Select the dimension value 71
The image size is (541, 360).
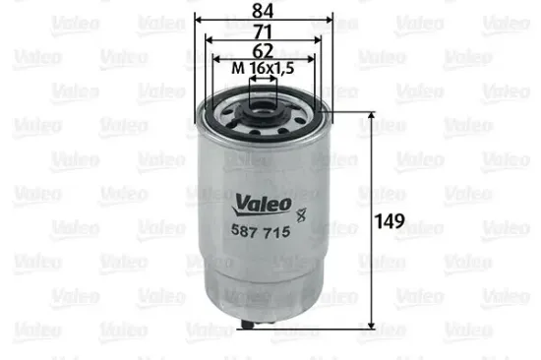coord(263,31)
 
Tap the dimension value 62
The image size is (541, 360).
coord(263,49)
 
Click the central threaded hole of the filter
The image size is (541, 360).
coord(263,98)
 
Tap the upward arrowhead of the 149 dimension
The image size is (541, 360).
coord(371,116)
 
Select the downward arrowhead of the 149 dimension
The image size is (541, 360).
coord(371,323)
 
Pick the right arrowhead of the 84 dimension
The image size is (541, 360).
coord(331,20)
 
